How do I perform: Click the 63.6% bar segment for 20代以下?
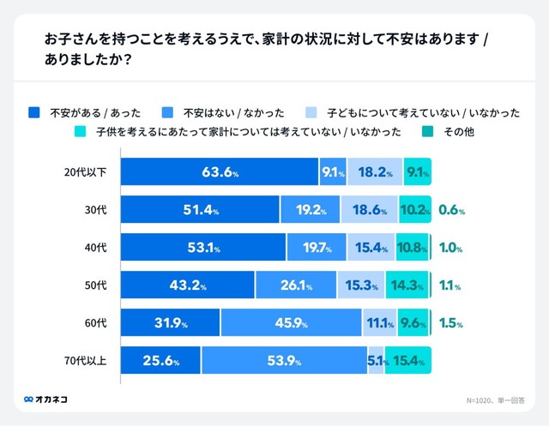[220, 172]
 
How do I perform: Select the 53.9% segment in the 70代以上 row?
[284, 361]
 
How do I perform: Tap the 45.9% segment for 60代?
[291, 323]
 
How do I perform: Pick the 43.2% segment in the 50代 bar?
[187, 285]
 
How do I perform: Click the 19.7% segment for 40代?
[317, 248]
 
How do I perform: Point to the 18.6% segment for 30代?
[369, 210]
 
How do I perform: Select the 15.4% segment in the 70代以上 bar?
[407, 361]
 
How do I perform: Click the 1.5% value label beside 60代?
[450, 324]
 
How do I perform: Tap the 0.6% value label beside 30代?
[450, 210]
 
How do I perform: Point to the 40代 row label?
[96, 248]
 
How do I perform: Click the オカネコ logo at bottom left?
[46, 399]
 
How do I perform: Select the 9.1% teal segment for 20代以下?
[418, 172]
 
